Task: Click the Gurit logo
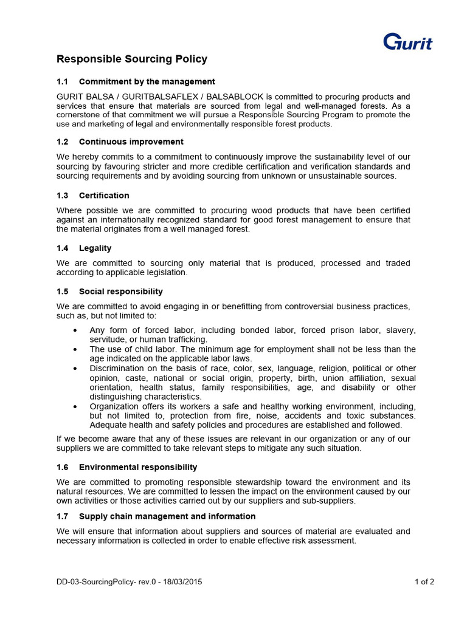point(407,43)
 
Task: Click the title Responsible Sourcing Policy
point(132,59)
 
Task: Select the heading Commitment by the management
point(147,81)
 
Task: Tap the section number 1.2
point(63,142)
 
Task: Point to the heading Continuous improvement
point(131,142)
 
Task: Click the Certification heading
point(104,195)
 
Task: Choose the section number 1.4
point(63,248)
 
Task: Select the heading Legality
point(95,248)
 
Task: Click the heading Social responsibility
point(120,292)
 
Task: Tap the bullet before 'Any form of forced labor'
point(74,330)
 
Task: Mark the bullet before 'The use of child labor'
point(74,350)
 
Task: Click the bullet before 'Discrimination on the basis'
point(74,369)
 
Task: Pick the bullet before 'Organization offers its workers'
point(74,406)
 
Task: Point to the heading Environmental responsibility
point(138,467)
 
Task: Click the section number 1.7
point(63,516)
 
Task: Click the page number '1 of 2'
point(424,581)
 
